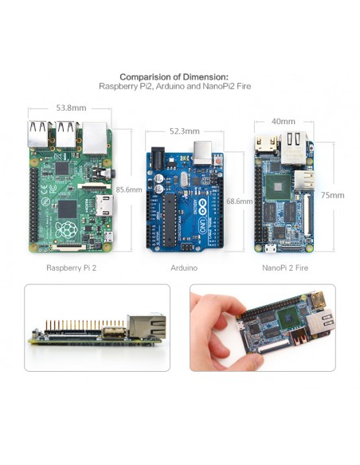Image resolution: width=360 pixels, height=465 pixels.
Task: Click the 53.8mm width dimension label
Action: (x=71, y=107)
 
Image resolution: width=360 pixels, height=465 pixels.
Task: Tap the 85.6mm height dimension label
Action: (x=129, y=190)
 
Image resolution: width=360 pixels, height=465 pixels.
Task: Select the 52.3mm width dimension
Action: (x=185, y=131)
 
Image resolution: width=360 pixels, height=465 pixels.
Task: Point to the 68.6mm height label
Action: (x=239, y=201)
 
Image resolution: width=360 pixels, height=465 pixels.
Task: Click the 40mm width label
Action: (x=284, y=121)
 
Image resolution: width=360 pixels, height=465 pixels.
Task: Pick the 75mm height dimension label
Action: (x=332, y=195)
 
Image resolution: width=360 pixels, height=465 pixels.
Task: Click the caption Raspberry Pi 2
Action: (x=72, y=268)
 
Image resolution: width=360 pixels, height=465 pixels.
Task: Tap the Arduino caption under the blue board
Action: (x=184, y=268)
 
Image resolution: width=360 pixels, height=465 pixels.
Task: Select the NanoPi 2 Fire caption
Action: (x=285, y=268)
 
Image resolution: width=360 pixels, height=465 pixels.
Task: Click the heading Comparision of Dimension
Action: (x=174, y=77)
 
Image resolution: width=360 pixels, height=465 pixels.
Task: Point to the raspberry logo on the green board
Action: (x=66, y=229)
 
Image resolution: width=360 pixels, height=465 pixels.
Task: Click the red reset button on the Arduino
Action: (x=218, y=161)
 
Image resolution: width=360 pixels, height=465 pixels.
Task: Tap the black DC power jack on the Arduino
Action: (x=158, y=158)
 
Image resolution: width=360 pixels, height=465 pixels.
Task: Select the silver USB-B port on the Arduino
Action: (x=203, y=153)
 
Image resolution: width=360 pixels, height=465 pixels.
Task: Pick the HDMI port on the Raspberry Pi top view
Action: (x=104, y=205)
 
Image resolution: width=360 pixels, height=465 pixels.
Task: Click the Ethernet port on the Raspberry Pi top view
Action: (x=95, y=138)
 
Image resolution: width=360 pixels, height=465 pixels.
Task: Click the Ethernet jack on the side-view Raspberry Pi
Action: (x=147, y=326)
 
